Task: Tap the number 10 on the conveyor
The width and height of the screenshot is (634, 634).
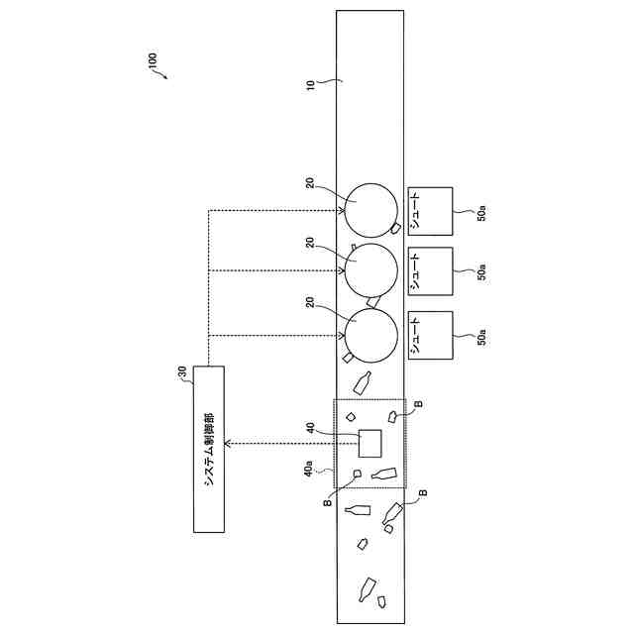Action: click(x=310, y=84)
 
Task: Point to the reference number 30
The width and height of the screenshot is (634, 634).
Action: click(x=181, y=372)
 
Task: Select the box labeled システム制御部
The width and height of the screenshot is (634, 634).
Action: click(x=209, y=449)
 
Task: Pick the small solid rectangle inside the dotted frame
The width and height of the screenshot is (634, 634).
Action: click(x=370, y=443)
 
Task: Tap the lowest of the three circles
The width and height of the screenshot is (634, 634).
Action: click(x=370, y=334)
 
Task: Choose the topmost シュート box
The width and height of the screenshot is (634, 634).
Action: click(x=430, y=213)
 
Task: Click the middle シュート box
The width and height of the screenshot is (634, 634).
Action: click(x=430, y=272)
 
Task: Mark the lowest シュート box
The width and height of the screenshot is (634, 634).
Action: click(x=430, y=337)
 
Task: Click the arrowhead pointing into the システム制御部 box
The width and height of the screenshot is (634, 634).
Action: click(x=229, y=443)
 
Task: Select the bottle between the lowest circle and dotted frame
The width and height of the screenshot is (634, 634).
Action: click(x=364, y=382)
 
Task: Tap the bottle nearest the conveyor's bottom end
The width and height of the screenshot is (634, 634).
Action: click(x=370, y=587)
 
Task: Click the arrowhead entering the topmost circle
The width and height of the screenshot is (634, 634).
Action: click(x=343, y=209)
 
